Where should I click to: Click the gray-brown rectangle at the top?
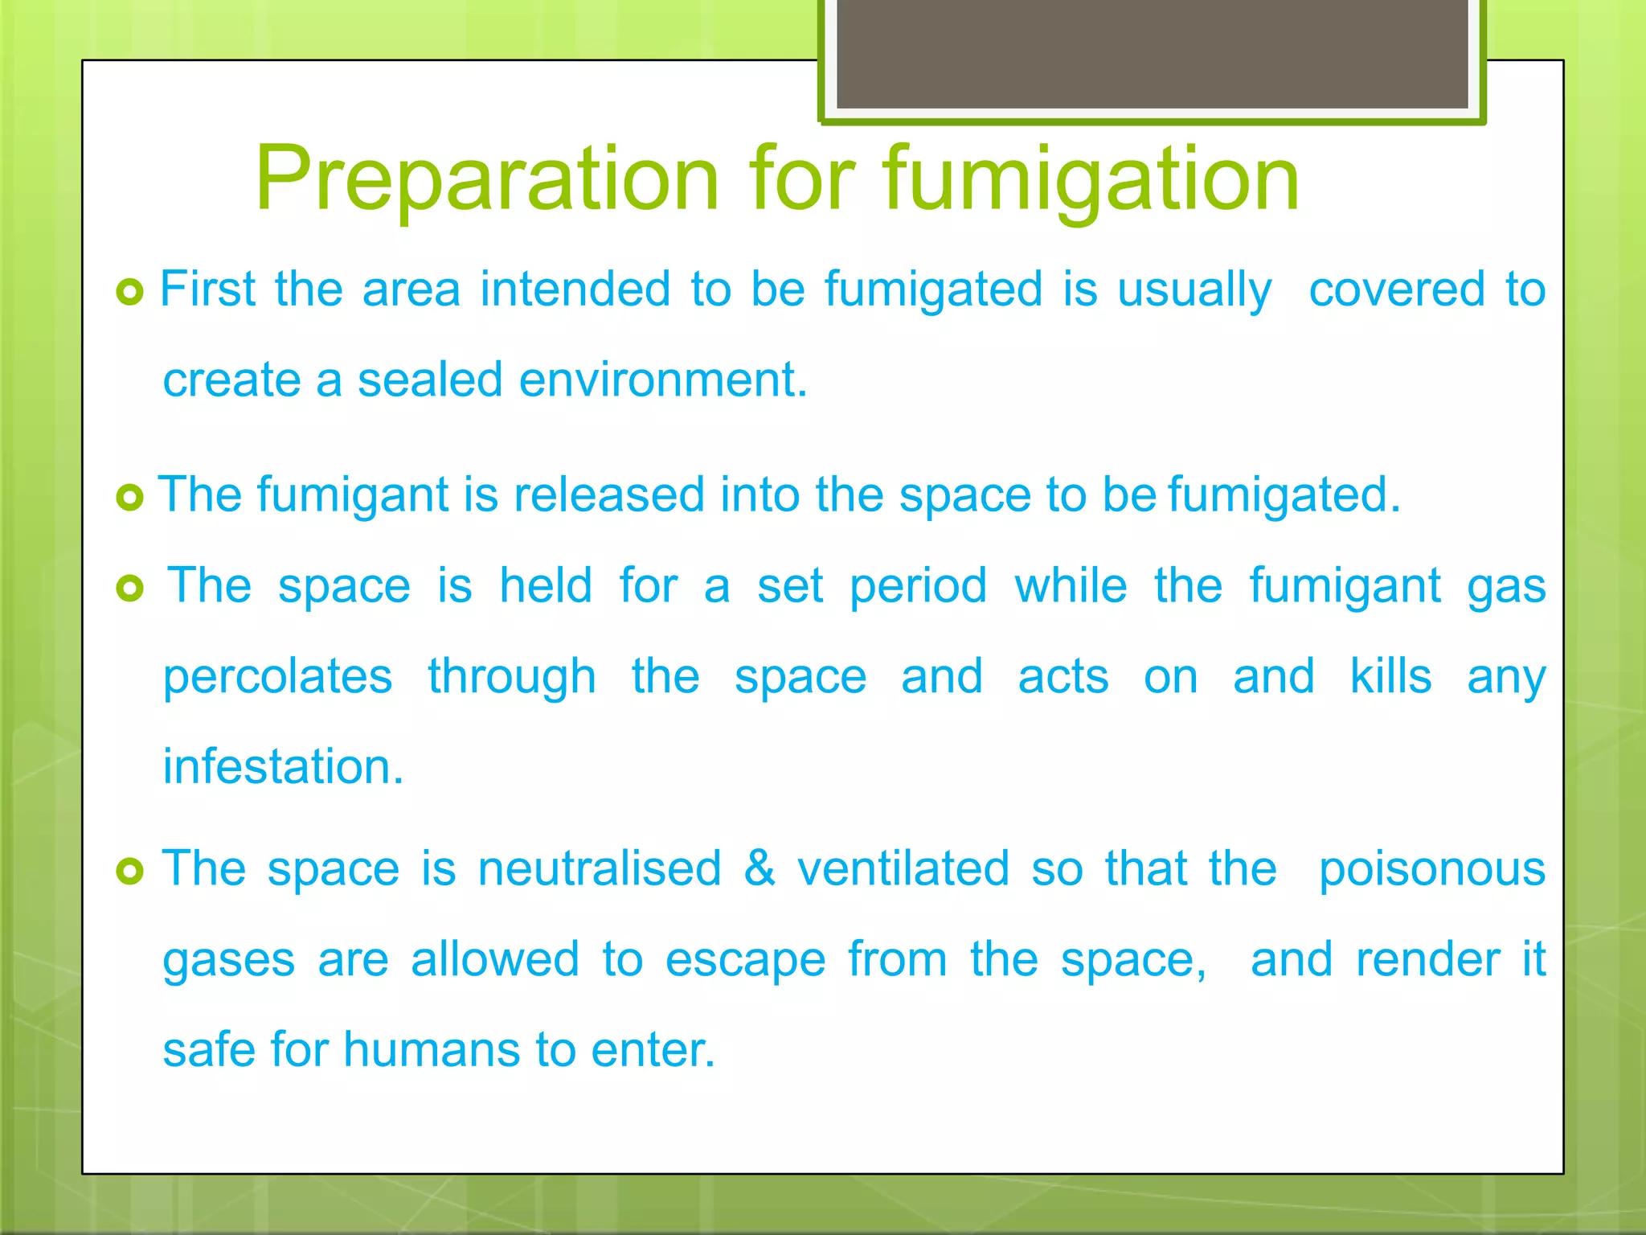pyautogui.click(x=1152, y=54)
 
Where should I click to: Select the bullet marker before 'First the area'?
pyautogui.click(x=129, y=291)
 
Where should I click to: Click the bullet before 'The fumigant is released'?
pyautogui.click(x=129, y=497)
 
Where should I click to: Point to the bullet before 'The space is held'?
pyautogui.click(x=129, y=589)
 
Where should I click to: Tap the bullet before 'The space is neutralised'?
pyautogui.click(x=129, y=871)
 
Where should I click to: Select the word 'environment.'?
pyautogui.click(x=663, y=380)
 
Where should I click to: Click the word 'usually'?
pyautogui.click(x=1194, y=291)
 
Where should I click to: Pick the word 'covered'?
pyautogui.click(x=1397, y=289)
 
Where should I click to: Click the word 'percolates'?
pyautogui.click(x=277, y=678)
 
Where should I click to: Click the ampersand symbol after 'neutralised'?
pyautogui.click(x=760, y=868)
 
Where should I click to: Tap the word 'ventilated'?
pyautogui.click(x=903, y=868)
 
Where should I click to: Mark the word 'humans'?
pyautogui.click(x=432, y=1050)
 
